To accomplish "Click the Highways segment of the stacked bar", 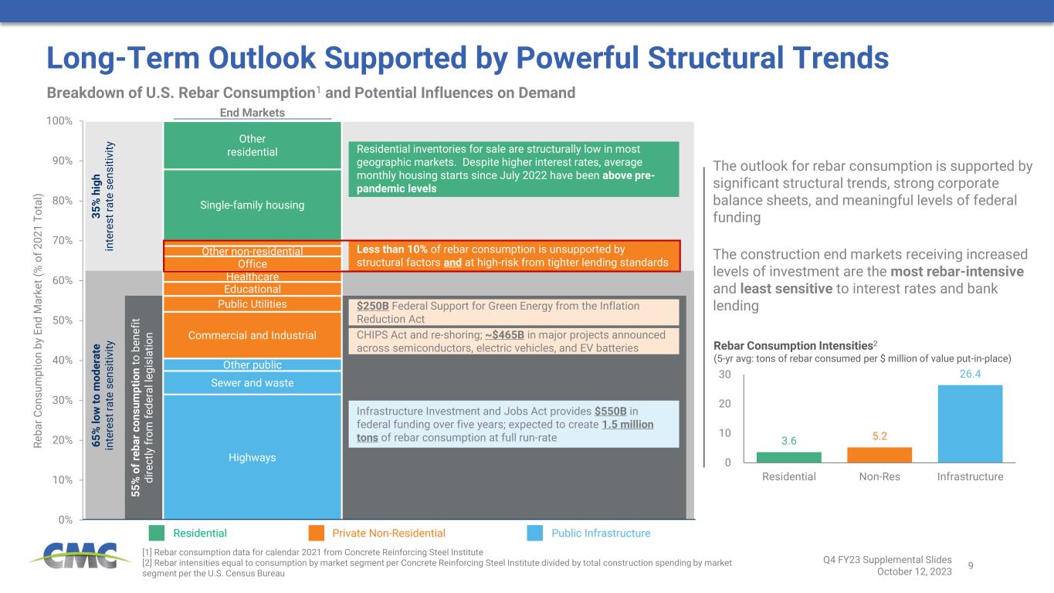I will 252,457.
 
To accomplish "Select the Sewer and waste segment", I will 252,383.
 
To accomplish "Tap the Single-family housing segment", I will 252,205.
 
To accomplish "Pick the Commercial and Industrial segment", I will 252,335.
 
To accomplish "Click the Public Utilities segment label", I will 252,304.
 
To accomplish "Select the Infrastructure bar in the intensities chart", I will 970,423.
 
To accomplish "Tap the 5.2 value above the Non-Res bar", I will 880,436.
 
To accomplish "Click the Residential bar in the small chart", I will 788,457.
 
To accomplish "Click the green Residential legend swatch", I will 157,533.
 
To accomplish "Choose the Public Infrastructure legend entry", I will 601,533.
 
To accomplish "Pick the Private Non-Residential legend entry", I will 388,533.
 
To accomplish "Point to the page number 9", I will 971,564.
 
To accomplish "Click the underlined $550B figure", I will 611,411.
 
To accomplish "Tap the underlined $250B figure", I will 372,306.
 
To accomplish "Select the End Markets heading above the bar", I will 252,113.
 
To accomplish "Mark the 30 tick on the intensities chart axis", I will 724,375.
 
